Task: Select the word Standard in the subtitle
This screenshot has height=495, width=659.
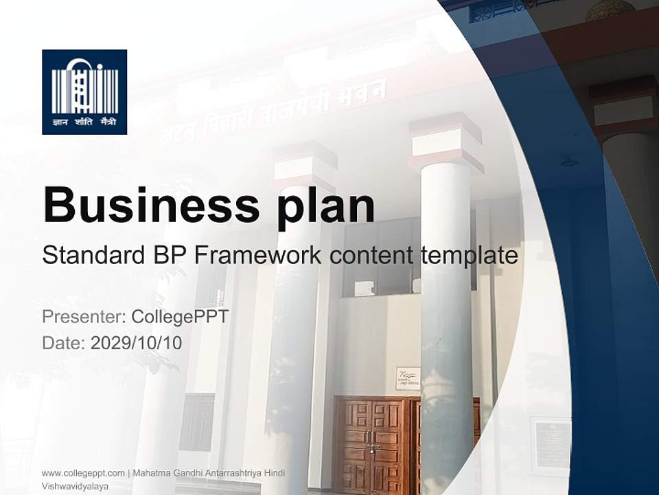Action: pos(91,256)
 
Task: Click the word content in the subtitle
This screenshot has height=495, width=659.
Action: pos(371,256)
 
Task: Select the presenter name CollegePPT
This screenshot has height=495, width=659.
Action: pos(179,317)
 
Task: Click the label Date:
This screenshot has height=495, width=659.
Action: pos(63,342)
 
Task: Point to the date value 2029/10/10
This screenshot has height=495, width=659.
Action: pos(137,342)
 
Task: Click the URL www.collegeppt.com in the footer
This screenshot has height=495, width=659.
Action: pos(83,472)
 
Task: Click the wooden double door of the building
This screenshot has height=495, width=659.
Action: pos(374,443)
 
